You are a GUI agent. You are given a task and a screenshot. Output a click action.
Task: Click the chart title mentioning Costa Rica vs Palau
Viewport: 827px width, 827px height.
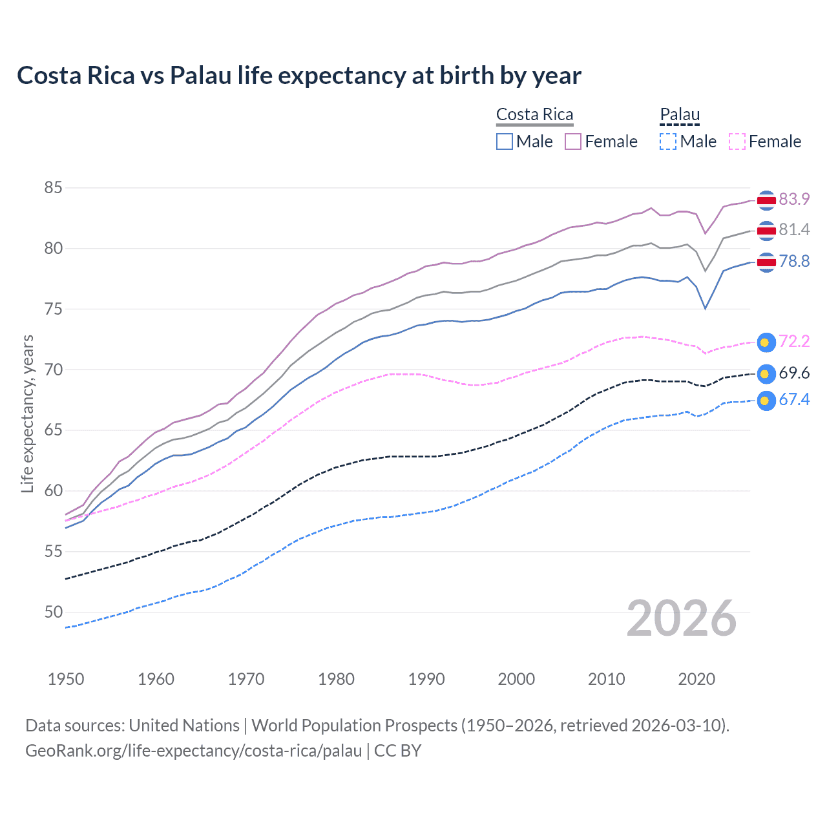tap(298, 76)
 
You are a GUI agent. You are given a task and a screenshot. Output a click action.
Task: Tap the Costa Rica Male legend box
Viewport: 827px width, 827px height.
tap(505, 141)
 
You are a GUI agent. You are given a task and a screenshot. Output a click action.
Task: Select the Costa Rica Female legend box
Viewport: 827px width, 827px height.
tap(573, 141)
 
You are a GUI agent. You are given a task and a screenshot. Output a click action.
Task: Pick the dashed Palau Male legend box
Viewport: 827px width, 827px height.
tap(668, 141)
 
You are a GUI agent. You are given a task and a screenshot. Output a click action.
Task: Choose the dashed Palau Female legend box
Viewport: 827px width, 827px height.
tap(737, 141)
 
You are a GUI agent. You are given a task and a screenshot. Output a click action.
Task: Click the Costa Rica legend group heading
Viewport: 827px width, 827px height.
tap(534, 115)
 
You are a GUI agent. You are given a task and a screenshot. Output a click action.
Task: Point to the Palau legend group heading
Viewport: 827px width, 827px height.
tap(680, 115)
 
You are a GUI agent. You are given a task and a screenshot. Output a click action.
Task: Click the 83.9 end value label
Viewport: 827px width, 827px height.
tap(794, 200)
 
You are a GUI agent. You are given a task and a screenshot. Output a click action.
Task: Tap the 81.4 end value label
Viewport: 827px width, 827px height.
tap(794, 230)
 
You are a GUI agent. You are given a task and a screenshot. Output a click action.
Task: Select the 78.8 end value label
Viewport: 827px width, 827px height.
tap(794, 262)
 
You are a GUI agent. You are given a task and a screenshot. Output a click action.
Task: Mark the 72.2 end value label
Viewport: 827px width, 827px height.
tap(794, 342)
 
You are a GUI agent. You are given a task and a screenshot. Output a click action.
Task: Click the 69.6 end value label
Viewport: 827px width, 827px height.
tap(794, 373)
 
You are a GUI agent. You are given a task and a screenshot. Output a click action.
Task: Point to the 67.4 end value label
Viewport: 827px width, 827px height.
tap(794, 400)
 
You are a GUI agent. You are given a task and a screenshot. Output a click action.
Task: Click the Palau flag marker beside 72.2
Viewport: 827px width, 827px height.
tap(766, 342)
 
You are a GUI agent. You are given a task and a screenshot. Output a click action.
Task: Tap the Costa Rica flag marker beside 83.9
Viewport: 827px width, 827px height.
tap(766, 201)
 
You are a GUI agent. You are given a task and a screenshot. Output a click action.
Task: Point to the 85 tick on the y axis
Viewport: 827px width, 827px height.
tap(53, 188)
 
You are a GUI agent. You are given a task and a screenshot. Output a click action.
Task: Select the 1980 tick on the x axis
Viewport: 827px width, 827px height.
tap(336, 679)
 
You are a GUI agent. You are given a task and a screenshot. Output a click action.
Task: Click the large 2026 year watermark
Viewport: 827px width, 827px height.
tap(681, 618)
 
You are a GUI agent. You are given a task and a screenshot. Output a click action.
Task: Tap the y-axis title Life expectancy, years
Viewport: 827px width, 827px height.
tap(28, 413)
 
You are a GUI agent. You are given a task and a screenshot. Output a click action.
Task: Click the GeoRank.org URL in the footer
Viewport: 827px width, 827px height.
tap(193, 751)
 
